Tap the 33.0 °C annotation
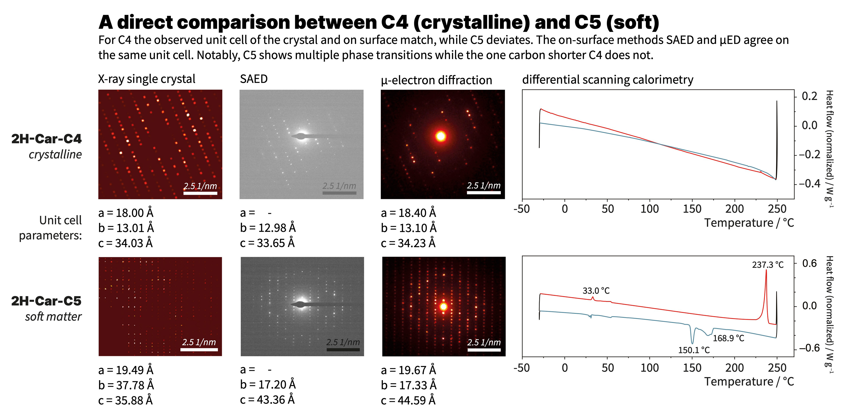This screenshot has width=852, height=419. tap(596, 291)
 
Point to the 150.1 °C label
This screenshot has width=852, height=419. tap(694, 350)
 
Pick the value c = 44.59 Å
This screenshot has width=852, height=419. tap(408, 401)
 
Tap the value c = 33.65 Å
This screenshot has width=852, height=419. tap(267, 243)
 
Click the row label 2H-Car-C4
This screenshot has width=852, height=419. tap(46, 139)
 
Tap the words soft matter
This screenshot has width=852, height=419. tap(53, 317)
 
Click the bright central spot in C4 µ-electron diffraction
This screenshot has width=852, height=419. tap(441, 136)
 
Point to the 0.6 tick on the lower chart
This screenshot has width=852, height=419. tap(809, 264)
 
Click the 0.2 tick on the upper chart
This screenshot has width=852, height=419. tap(809, 96)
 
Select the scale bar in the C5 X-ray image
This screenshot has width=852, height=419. tap(199, 349)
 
